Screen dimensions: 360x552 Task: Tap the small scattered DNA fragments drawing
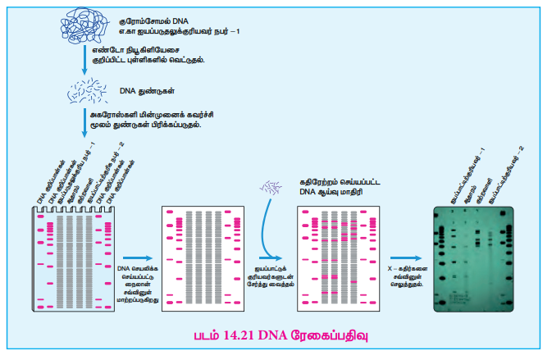(x=84, y=93)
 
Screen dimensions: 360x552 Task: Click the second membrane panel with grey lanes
(x=198, y=257)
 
